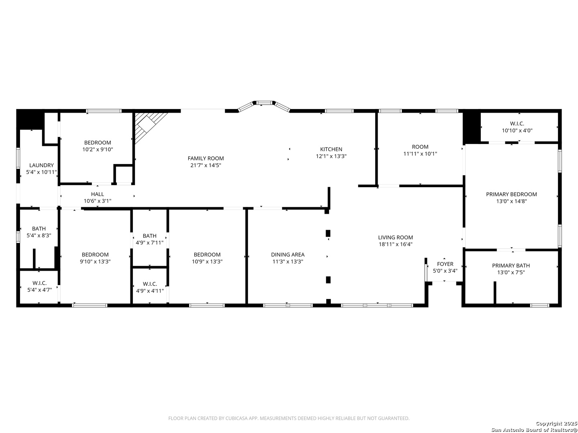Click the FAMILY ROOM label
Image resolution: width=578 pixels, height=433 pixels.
coord(206,158)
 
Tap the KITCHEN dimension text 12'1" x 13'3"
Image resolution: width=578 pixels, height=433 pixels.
coord(331,156)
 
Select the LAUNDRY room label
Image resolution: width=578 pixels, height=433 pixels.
coord(41,165)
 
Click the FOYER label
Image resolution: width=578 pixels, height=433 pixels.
coord(445,264)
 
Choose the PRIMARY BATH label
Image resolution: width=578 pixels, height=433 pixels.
coord(511,265)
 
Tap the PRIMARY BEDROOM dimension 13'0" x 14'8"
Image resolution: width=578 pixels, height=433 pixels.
coord(511,201)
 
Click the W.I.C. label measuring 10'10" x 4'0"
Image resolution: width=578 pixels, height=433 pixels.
coord(517,123)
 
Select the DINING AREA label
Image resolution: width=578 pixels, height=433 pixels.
coord(288,255)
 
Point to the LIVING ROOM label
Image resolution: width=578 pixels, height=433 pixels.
coord(395,237)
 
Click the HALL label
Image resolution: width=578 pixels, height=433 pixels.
coord(98,194)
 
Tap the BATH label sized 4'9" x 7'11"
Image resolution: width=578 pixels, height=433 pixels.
coord(150,236)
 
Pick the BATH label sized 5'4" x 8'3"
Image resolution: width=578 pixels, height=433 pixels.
coord(39,229)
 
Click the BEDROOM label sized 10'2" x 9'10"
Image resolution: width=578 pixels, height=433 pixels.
coord(98,142)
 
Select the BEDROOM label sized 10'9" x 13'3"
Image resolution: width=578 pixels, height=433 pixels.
coord(207,255)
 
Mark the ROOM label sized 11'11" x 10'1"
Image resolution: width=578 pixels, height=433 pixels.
coord(420,147)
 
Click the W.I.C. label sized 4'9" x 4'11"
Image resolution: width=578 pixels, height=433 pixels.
coord(150,284)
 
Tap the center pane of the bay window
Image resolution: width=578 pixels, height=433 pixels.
coord(265,103)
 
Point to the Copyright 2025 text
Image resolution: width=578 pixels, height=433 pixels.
coord(556,423)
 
